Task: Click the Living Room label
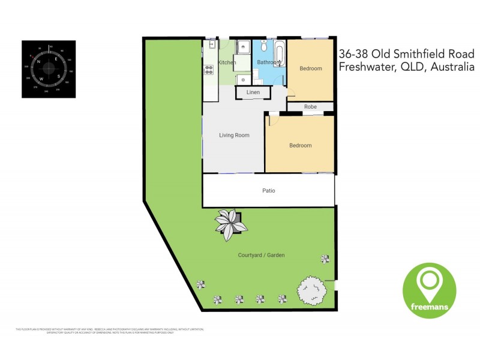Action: tap(233, 135)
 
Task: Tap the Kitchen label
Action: tap(227, 62)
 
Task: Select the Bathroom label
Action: tap(267, 62)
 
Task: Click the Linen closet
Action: tap(253, 92)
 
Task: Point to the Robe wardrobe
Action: tap(310, 107)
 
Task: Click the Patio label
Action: tap(268, 191)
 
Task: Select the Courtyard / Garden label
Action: tap(261, 255)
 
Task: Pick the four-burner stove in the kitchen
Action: tap(209, 70)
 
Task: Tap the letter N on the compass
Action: tap(39, 62)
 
